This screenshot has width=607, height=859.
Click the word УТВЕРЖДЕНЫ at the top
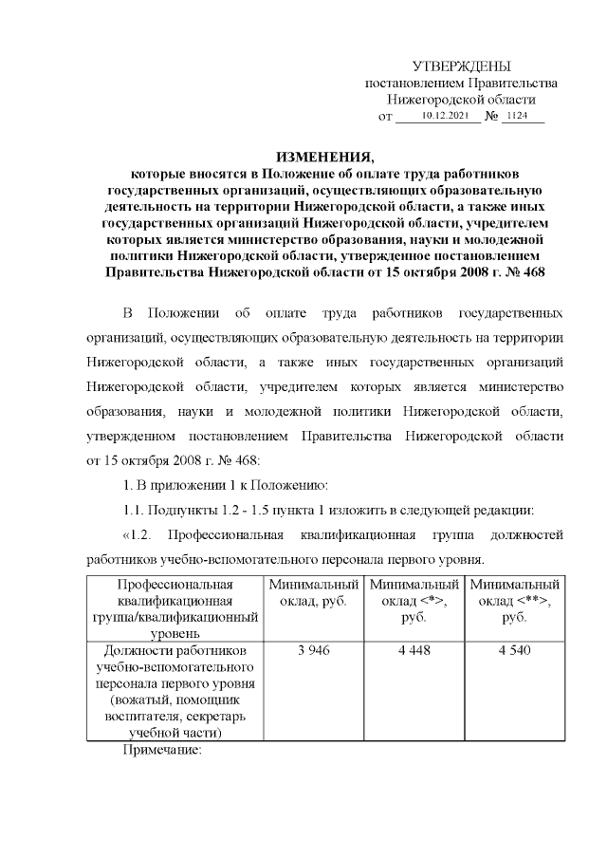point(461,65)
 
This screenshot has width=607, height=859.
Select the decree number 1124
point(519,116)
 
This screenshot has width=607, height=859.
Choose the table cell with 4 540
point(515,650)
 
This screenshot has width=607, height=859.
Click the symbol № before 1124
point(491,117)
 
